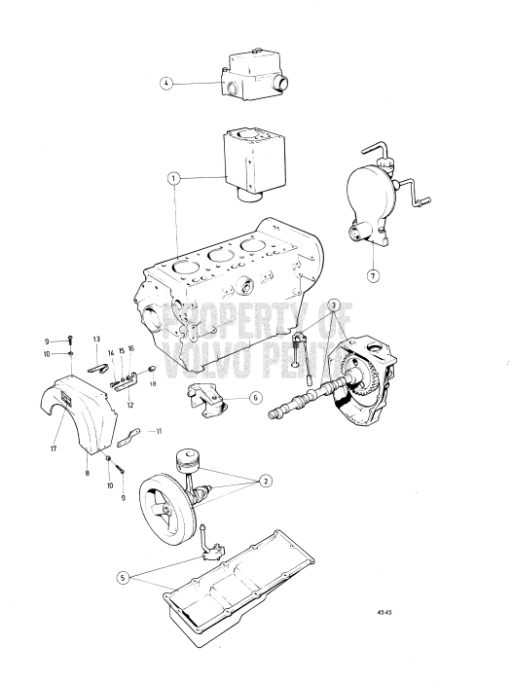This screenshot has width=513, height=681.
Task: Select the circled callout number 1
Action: click(172, 178)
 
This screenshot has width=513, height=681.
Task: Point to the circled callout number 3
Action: click(334, 305)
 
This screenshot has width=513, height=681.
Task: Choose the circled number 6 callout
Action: click(254, 397)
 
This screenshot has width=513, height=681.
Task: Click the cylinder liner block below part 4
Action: click(248, 163)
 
